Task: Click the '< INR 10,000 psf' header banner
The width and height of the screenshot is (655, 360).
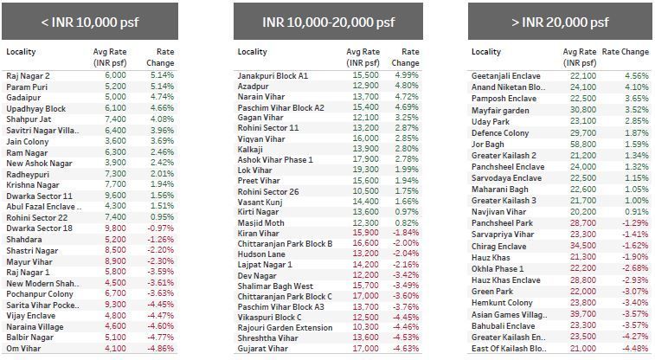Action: pos(89,20)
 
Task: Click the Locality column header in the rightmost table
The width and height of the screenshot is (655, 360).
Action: pos(486,52)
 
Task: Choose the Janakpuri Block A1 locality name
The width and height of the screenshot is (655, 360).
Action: pos(273,76)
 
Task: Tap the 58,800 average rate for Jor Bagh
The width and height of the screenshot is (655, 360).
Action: pos(583,143)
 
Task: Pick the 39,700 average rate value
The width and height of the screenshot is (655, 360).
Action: pos(583,314)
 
